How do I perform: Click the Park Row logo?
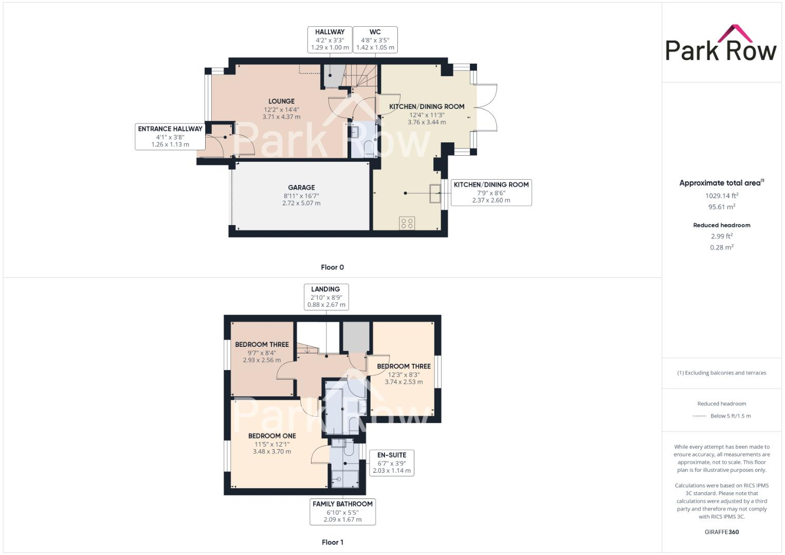[721, 44]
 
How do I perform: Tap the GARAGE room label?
[301, 195]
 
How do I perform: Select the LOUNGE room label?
[281, 108]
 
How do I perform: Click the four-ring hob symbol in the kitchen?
[407, 223]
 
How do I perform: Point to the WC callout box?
[375, 40]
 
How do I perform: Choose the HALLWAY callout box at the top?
[330, 40]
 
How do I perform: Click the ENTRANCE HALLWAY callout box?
[170, 137]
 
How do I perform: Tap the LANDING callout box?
[325, 297]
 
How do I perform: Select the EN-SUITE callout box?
[392, 462]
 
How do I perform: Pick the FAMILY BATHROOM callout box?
[342, 511]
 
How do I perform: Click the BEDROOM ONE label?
[272, 443]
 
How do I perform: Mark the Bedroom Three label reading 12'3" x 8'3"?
[404, 374]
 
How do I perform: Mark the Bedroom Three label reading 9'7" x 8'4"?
[262, 352]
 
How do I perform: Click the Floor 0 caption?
[332, 267]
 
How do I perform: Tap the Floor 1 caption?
[332, 542]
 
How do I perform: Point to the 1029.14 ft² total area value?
[722, 196]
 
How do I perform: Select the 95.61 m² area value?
[722, 207]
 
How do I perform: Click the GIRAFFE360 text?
[722, 532]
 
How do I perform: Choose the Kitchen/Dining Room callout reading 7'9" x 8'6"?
[491, 192]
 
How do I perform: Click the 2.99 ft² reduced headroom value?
[722, 236]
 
